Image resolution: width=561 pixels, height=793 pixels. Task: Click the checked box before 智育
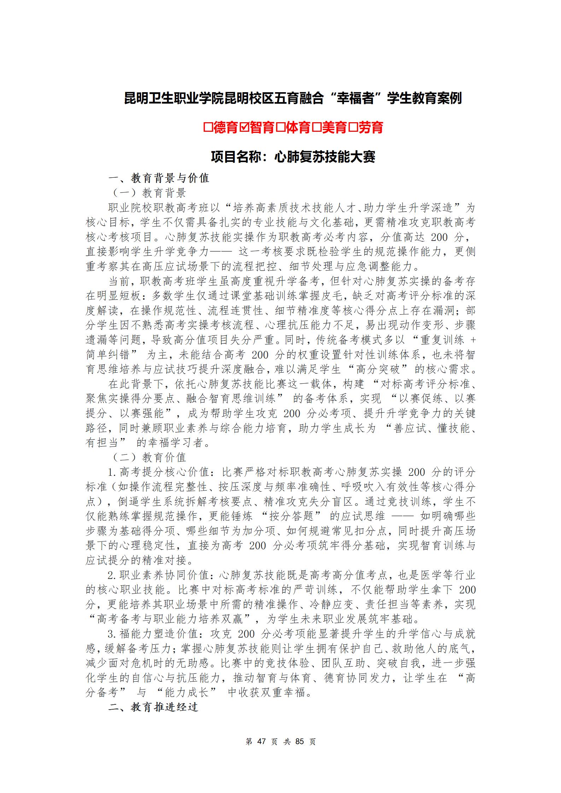pyautogui.click(x=245, y=127)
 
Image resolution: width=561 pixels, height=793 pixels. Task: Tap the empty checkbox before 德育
pyautogui.click(x=208, y=127)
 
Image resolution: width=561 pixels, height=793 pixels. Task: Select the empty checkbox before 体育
pyautogui.click(x=281, y=127)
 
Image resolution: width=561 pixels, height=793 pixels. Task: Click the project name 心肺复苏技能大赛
pyautogui.click(x=325, y=156)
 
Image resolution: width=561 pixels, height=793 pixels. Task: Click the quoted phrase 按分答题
pyautogui.click(x=291, y=516)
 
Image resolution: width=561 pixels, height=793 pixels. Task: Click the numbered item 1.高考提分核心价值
pyautogui.click(x=160, y=472)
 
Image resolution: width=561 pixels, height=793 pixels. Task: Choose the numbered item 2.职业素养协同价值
pyautogui.click(x=160, y=575)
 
